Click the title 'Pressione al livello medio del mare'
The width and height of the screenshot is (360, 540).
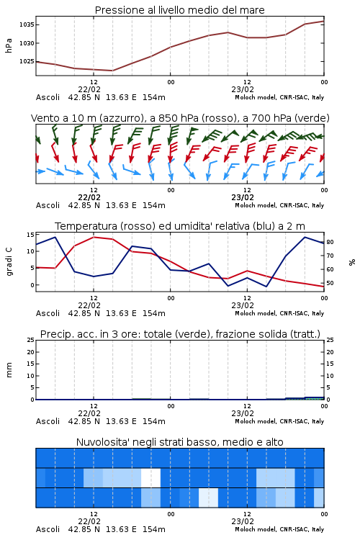tap(179, 10)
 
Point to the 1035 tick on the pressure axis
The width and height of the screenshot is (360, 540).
tap(27, 24)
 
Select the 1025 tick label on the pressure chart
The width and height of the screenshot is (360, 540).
tap(27, 61)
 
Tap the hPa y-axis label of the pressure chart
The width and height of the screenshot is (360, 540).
tap(9, 45)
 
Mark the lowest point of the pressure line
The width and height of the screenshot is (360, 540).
tap(112, 71)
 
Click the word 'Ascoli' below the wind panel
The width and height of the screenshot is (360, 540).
tap(48, 205)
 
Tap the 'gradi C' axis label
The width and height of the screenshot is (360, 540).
tap(9, 262)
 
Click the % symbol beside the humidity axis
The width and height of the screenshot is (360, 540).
tap(352, 262)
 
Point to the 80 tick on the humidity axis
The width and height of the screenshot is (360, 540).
tap(330, 242)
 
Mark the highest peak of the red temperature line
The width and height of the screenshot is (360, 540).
tap(94, 237)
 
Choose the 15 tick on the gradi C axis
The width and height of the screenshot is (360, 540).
tap(30, 235)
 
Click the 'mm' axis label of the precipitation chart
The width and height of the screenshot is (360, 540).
tap(9, 370)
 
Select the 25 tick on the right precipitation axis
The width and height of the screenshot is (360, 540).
tap(330, 340)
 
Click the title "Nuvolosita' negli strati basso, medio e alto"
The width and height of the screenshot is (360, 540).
tap(179, 442)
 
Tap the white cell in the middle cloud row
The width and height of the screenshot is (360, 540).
tap(151, 477)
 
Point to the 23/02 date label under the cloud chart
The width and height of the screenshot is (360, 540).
tap(243, 521)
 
